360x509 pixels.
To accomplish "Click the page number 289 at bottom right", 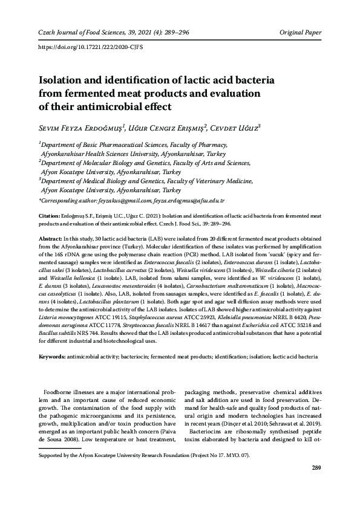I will tap(315, 468).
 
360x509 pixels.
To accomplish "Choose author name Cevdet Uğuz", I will tap(234, 128).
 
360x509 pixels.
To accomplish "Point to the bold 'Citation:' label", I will tap(50, 216).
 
